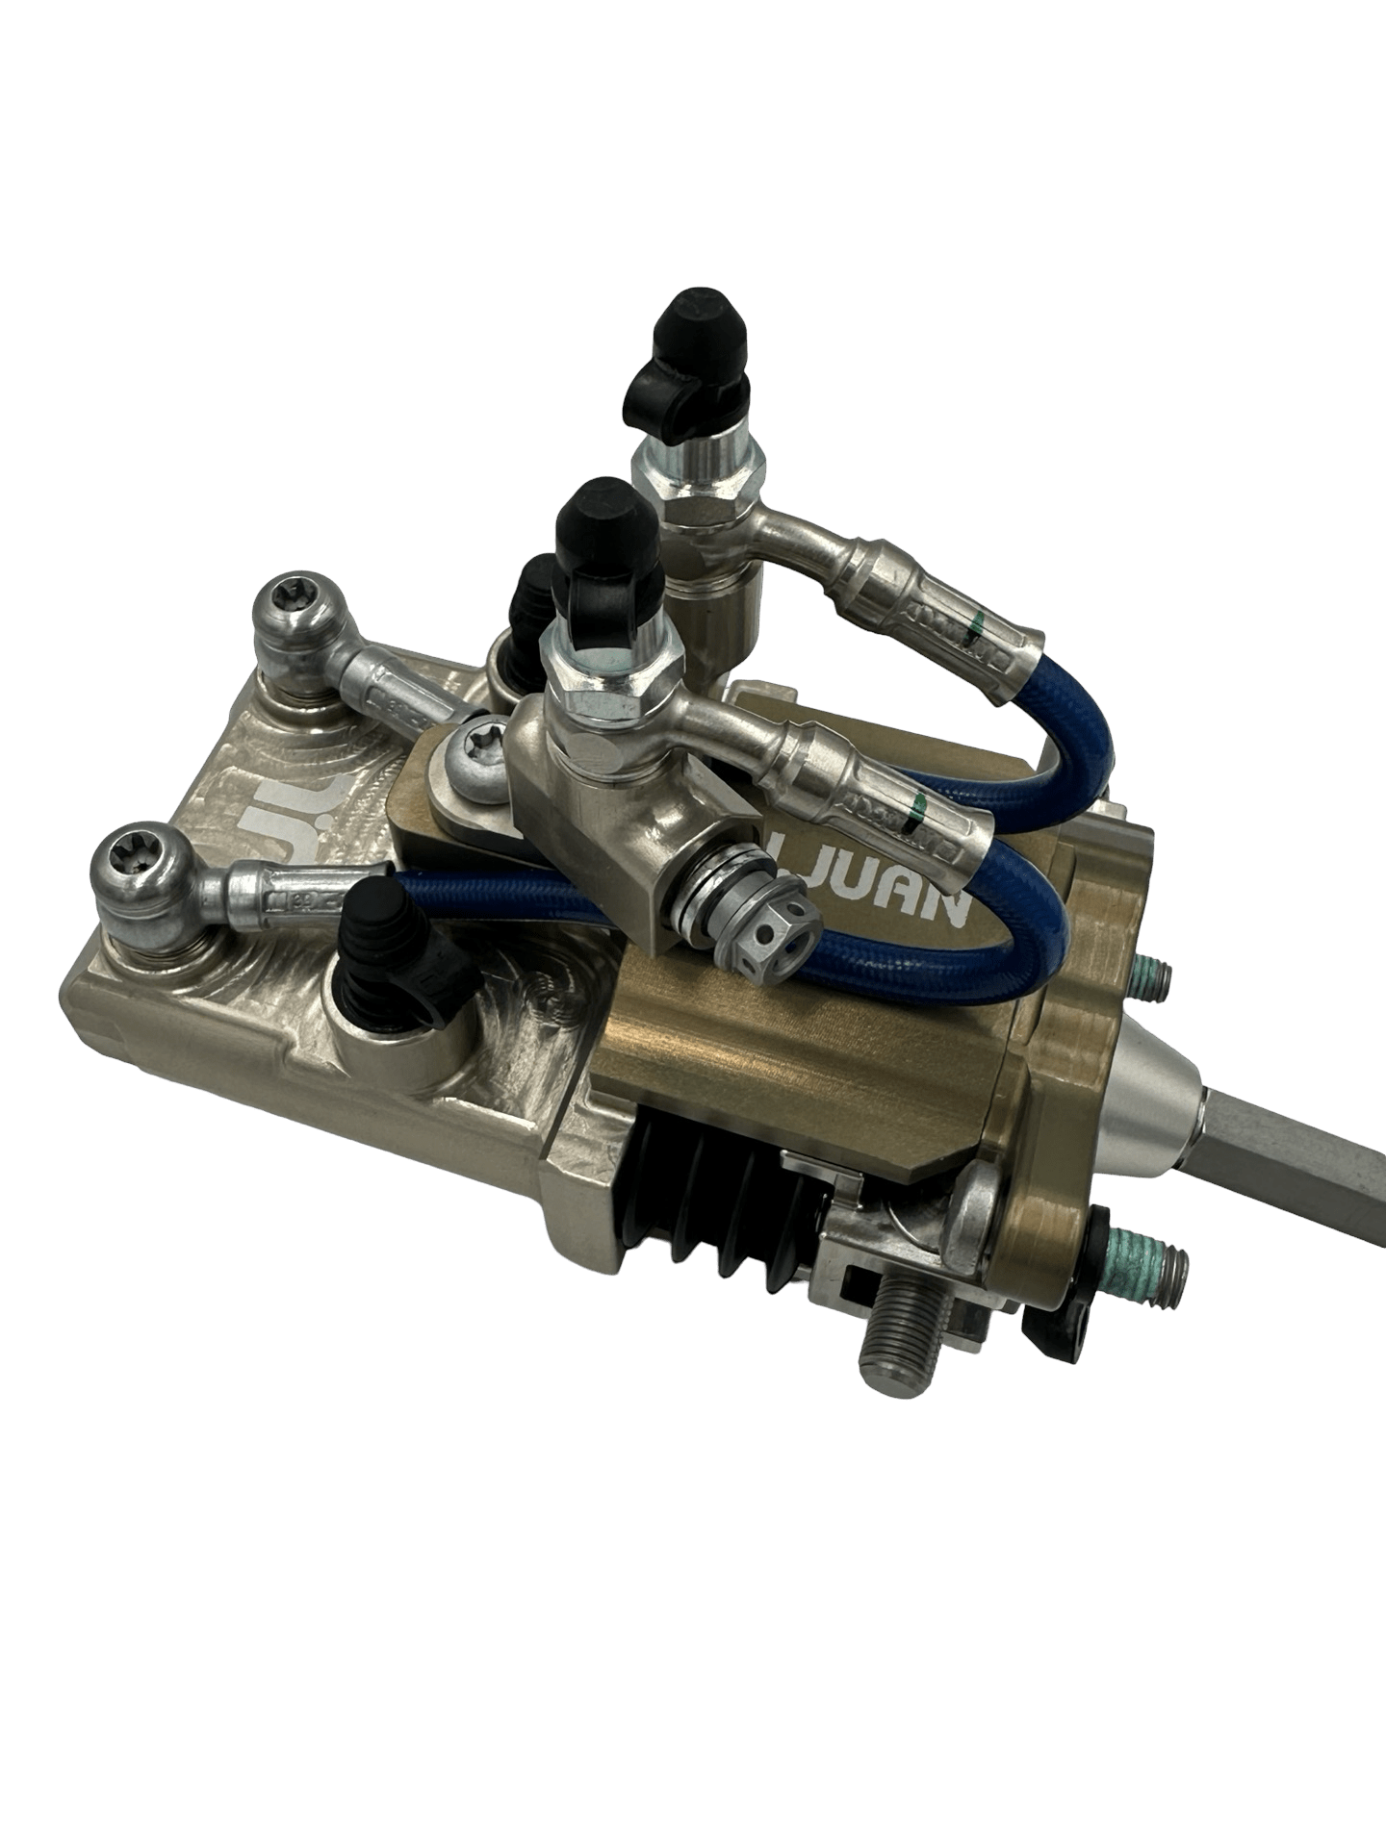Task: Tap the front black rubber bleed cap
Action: pos(602,524)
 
